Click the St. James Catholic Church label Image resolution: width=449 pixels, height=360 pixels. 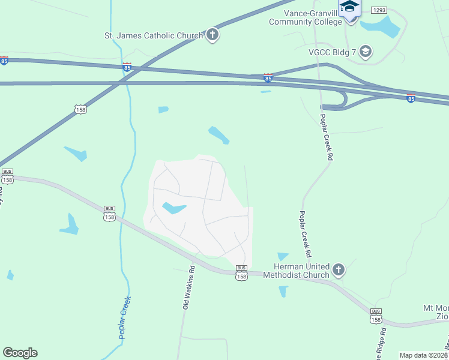coord(154,35)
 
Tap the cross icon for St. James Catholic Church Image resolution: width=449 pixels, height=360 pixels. coord(212,35)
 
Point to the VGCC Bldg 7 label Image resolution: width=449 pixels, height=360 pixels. coord(331,52)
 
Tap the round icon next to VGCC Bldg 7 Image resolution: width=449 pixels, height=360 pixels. coord(365,52)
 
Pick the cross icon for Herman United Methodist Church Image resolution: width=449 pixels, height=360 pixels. coord(339,270)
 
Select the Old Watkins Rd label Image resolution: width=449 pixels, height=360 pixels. coord(188,288)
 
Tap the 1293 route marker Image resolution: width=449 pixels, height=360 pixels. coord(379,10)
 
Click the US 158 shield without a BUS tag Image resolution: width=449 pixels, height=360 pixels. coord(80,109)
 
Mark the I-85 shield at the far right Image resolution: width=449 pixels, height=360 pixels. coord(411,97)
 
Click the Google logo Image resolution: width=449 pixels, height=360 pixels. coord(20,353)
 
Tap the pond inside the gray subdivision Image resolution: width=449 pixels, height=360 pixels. coord(173,209)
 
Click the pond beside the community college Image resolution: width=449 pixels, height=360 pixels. coord(385,27)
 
